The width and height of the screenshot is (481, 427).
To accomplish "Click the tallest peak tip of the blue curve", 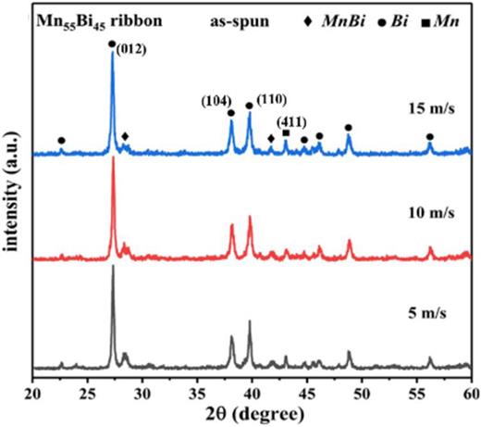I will tap(113, 52).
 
